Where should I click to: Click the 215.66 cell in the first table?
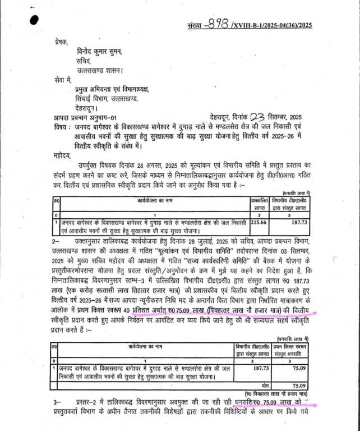coord(259,223)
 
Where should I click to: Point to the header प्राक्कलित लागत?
coord(259,203)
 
